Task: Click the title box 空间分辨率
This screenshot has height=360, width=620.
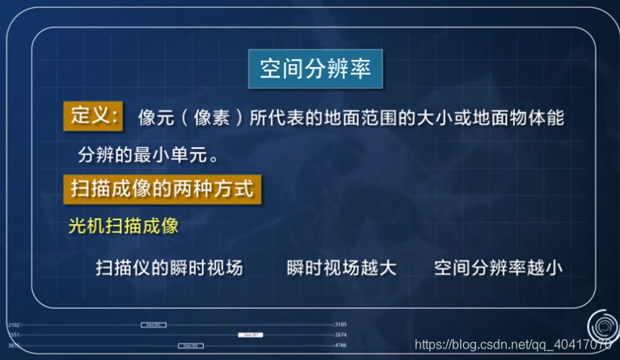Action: point(315,70)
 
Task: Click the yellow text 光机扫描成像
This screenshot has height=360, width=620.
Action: point(123,226)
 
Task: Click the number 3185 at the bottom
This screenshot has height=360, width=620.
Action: point(340,324)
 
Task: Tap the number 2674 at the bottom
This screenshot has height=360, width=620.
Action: point(340,334)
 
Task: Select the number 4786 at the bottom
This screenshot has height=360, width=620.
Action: point(340,345)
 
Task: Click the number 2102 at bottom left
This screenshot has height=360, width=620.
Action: point(13,324)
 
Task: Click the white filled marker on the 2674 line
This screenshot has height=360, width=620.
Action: point(250,334)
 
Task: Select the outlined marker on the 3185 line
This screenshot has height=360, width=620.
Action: point(154,324)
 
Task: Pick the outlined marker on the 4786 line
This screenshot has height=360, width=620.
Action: point(190,345)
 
